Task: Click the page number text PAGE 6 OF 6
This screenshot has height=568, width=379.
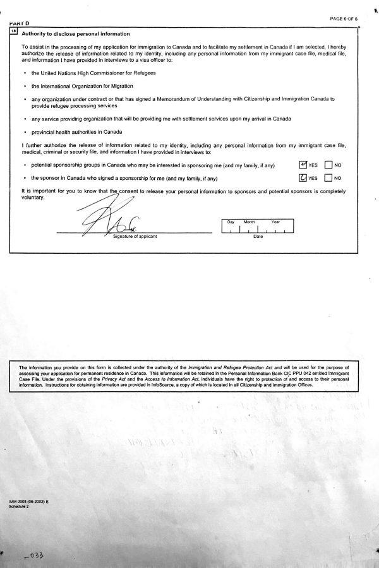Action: click(x=344, y=19)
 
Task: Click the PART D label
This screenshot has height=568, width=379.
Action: click(x=21, y=23)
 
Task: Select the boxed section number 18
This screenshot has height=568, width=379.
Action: click(x=14, y=30)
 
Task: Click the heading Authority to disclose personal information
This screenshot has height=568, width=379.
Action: click(x=76, y=33)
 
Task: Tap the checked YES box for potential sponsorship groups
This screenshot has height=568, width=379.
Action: click(x=303, y=165)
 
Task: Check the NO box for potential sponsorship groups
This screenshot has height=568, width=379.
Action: click(x=328, y=165)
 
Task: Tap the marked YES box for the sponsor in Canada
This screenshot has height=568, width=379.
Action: click(x=303, y=178)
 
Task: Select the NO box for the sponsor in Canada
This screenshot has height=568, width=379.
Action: click(x=328, y=178)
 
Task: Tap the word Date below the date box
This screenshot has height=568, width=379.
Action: click(x=258, y=236)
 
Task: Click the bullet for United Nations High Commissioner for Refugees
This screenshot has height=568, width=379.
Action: click(x=23, y=73)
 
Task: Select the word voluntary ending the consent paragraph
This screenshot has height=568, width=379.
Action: click(x=33, y=197)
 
